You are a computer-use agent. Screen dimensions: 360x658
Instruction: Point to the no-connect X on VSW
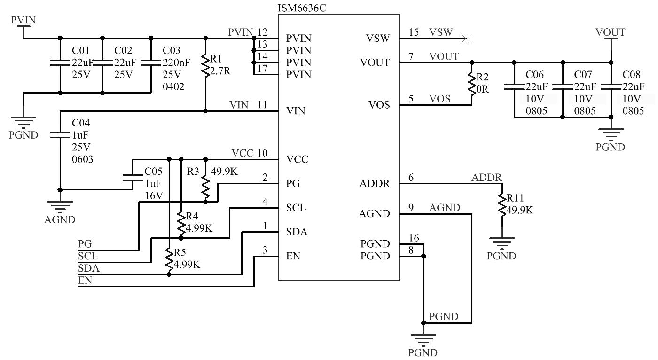466,38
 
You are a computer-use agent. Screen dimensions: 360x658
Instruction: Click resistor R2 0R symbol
471,83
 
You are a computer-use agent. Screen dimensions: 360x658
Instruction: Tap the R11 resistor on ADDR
501,204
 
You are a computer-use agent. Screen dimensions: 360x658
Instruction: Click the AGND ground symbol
60,207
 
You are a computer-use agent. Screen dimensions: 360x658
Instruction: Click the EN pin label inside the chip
293,257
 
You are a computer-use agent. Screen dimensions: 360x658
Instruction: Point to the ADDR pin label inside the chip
375,184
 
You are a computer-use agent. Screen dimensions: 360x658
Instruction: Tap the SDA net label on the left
88,269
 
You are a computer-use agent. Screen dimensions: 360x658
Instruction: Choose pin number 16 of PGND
414,238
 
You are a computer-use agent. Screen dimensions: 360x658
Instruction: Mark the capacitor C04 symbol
60,134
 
